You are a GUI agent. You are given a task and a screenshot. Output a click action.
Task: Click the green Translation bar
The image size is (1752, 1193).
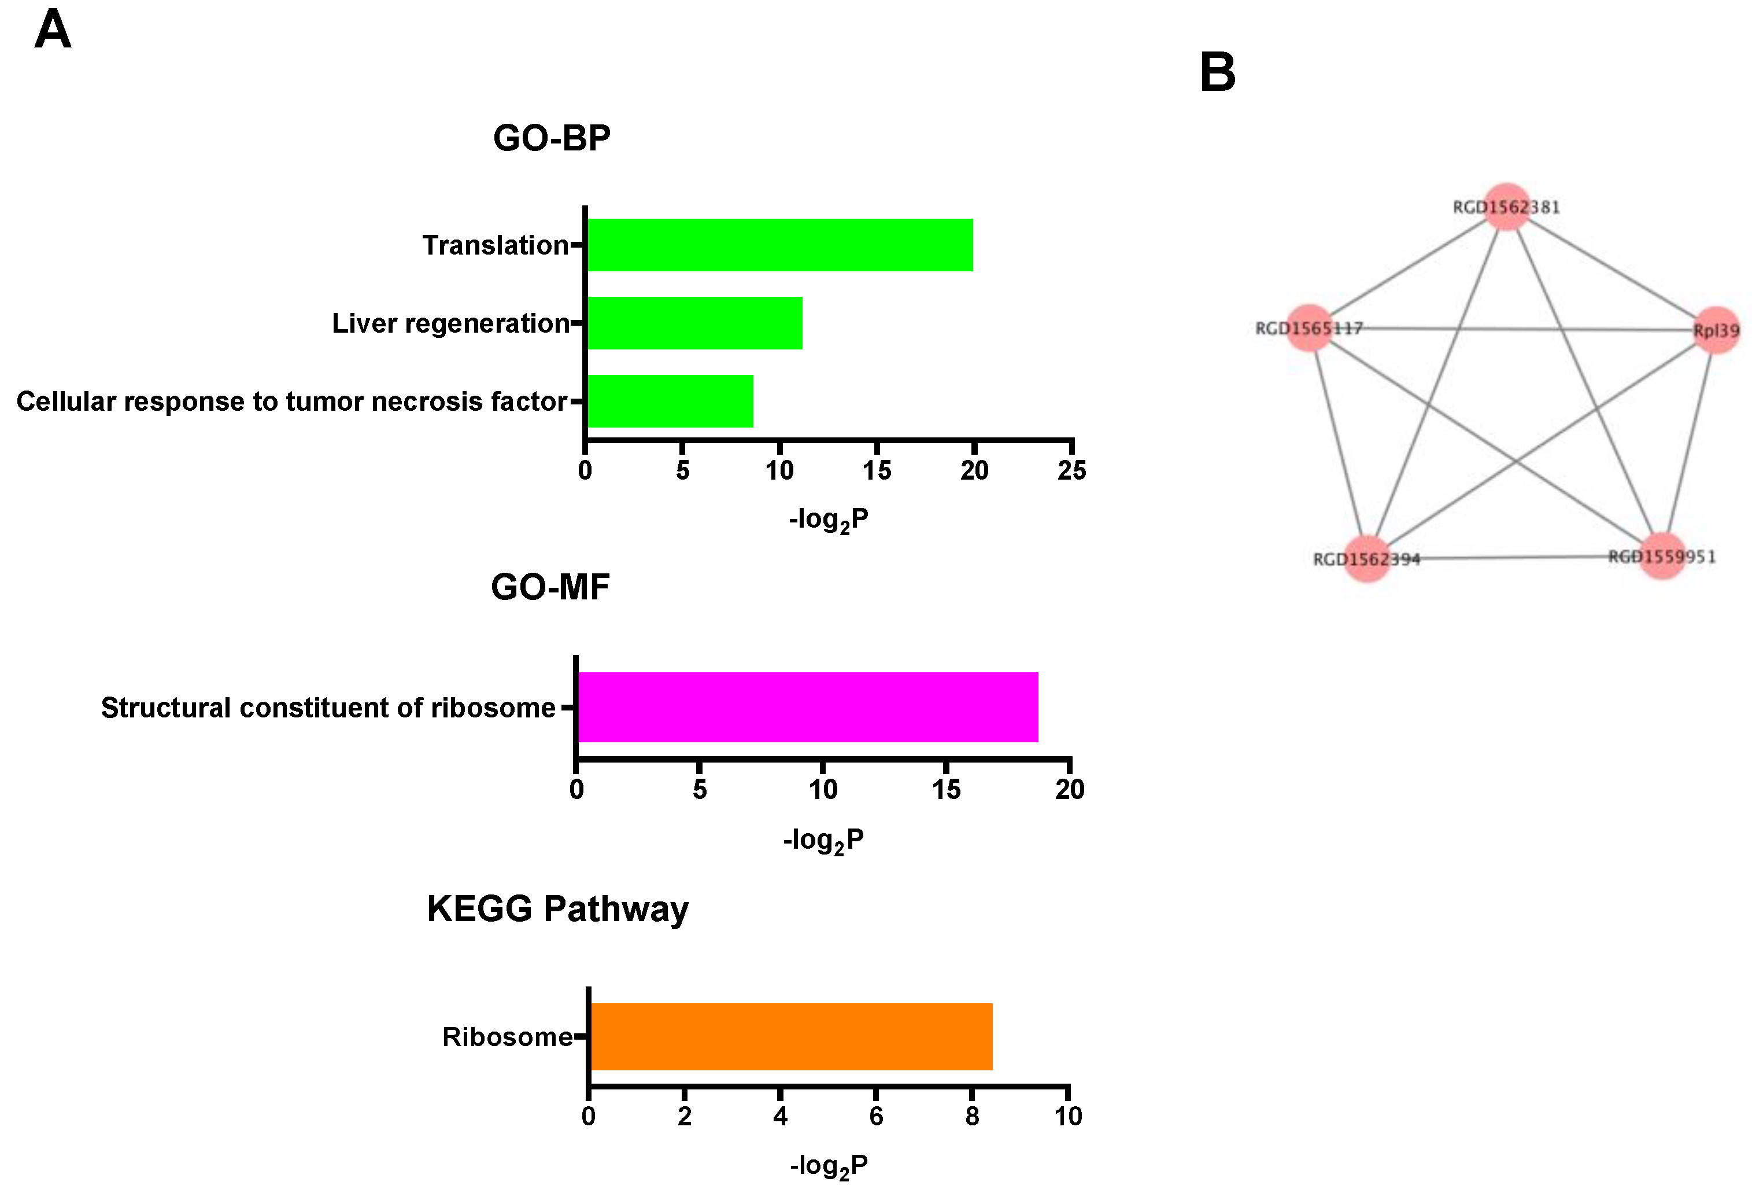[779, 245]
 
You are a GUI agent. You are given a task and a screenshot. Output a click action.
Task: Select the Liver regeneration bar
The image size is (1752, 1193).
[694, 323]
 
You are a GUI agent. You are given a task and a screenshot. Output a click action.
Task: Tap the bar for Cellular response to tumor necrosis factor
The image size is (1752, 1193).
[670, 401]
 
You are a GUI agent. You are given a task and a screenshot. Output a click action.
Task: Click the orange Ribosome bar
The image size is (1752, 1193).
[791, 1036]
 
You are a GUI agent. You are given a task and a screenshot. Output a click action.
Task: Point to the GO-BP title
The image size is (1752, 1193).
[551, 138]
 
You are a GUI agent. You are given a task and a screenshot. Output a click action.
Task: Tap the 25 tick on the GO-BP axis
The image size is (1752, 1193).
[1071, 470]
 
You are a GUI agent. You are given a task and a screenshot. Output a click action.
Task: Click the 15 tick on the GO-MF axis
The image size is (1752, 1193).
[945, 790]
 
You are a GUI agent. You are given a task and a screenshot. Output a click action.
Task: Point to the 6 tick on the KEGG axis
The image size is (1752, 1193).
[876, 1116]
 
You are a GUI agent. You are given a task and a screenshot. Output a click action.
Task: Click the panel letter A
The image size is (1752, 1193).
[53, 30]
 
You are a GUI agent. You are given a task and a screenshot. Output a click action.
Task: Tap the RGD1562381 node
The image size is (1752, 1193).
[1506, 206]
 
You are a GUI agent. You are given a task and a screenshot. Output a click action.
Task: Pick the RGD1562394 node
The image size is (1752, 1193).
[1367, 559]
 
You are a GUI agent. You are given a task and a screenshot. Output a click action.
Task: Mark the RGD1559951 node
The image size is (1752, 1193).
[1662, 557]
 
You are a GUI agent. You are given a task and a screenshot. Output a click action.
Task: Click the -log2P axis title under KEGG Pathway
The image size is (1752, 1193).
[829, 1166]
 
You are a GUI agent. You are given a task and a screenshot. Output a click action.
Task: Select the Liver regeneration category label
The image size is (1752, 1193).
[450, 323]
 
